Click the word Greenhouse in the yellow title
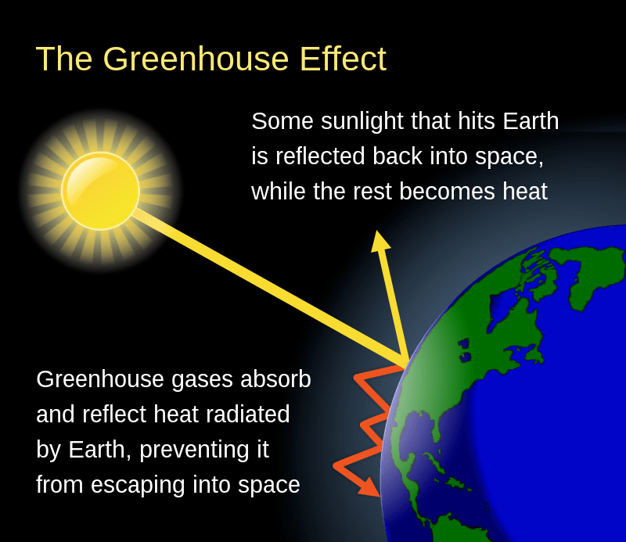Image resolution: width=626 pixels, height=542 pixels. [x=196, y=59]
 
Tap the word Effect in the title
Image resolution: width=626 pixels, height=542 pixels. [x=343, y=59]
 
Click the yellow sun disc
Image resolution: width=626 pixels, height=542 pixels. [x=101, y=191]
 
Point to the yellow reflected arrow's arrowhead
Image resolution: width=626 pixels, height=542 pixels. [x=380, y=241]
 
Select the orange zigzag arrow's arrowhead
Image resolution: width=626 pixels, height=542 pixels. [x=369, y=486]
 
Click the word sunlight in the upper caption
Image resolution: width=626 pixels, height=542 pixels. [x=362, y=121]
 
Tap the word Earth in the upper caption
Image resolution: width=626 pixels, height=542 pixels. [x=531, y=121]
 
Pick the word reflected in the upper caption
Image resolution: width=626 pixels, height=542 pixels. [x=320, y=156]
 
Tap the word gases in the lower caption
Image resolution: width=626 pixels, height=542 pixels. [x=202, y=380]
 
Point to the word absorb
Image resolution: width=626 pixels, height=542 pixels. [x=275, y=379]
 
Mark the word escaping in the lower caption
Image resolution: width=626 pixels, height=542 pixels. [x=138, y=486]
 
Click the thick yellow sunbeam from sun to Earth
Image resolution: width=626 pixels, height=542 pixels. [x=272, y=286]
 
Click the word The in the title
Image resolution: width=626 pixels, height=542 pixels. [x=64, y=59]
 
